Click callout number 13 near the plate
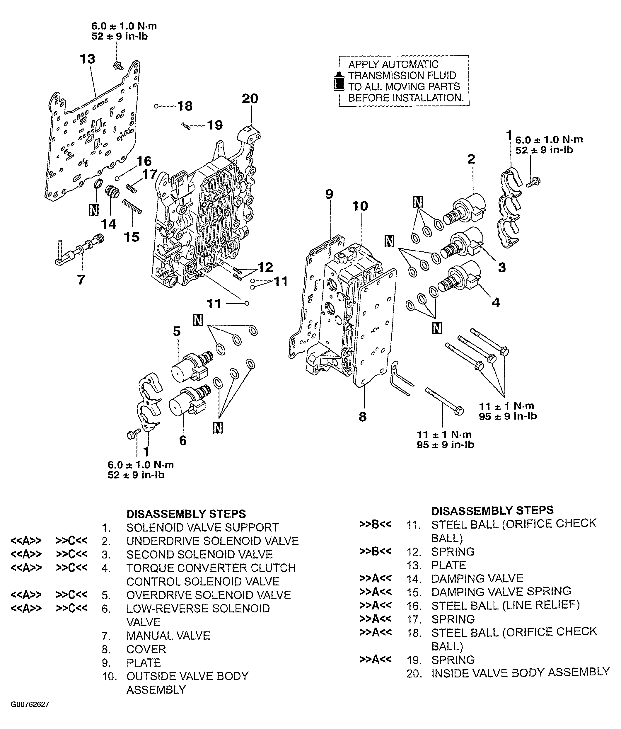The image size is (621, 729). coord(87,59)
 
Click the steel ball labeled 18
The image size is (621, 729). coord(156,105)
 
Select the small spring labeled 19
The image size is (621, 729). coord(186,126)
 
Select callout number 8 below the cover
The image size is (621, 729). coord(363,417)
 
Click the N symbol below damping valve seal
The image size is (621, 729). coord(93,210)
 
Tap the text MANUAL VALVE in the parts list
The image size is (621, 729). coord(168,636)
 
